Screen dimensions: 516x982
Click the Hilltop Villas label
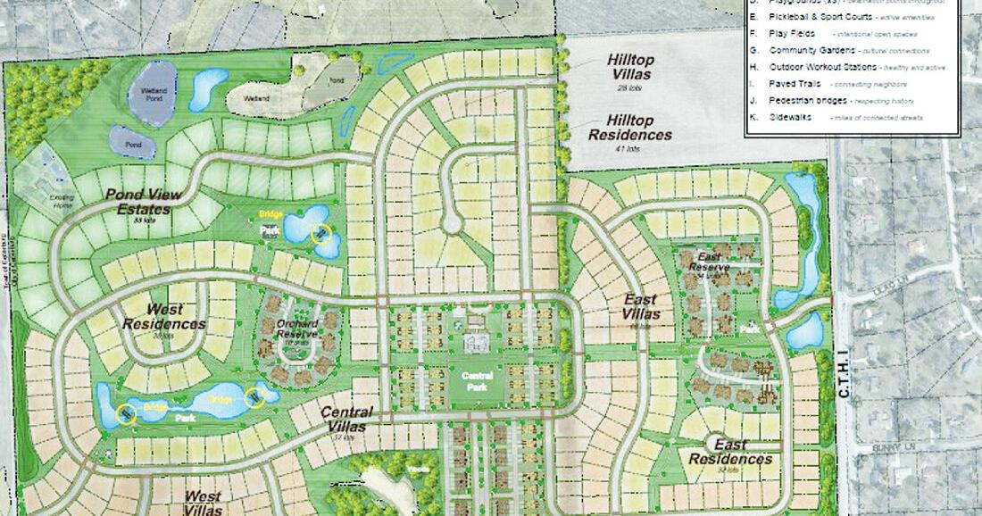tap(630, 67)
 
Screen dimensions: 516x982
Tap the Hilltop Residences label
tap(629, 128)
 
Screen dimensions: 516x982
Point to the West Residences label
tap(163, 317)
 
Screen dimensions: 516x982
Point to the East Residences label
tap(730, 452)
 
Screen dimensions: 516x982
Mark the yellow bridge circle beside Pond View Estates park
tap(320, 234)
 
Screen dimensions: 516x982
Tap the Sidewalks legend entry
tap(790, 118)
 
